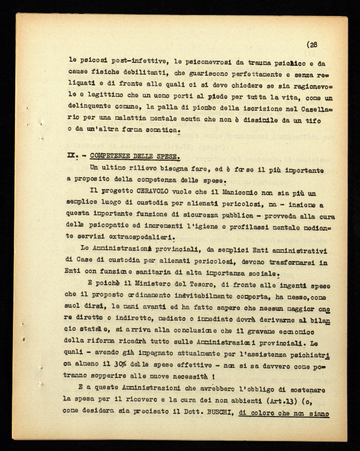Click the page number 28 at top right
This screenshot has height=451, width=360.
313,45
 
